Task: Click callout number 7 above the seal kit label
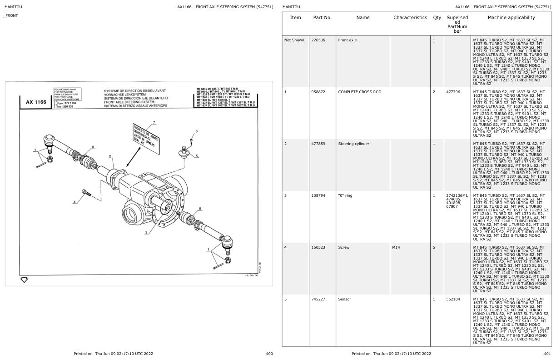click(154, 122)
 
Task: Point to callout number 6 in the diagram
click(197, 131)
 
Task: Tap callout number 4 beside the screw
click(75, 201)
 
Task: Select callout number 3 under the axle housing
click(146, 232)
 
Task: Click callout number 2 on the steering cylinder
click(110, 156)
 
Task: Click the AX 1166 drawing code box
click(35, 102)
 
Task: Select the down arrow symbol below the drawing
click(24, 280)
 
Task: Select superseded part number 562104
click(453, 299)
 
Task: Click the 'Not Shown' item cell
click(294, 40)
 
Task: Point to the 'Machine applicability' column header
click(511, 18)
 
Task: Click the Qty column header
click(437, 18)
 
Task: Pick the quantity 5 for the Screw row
click(434, 247)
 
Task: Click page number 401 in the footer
click(547, 354)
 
